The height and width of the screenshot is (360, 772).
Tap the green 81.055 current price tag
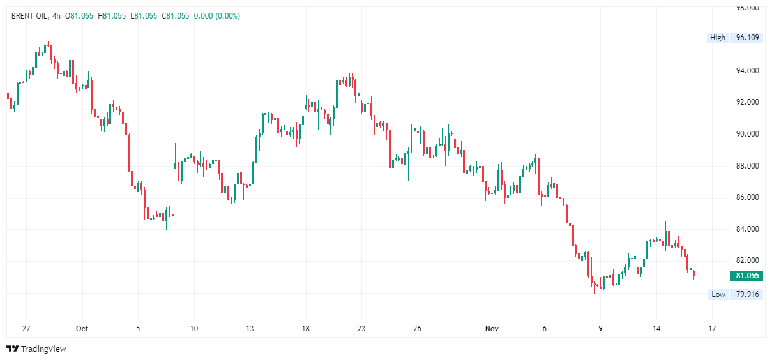[x=748, y=276]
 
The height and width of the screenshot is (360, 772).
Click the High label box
[x=718, y=38]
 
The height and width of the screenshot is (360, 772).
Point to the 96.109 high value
[x=747, y=38]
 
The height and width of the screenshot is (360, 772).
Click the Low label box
[x=718, y=294]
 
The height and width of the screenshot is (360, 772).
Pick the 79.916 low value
[x=747, y=294]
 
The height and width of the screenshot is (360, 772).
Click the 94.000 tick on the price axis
[x=747, y=71]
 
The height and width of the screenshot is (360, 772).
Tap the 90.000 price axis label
[x=747, y=134]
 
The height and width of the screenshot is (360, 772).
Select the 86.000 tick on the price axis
[x=747, y=197]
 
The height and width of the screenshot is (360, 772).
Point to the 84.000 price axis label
[x=747, y=229]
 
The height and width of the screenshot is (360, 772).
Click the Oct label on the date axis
[x=82, y=329]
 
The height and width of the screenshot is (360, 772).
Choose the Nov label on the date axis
[x=491, y=329]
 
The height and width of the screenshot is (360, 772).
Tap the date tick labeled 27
[x=26, y=329]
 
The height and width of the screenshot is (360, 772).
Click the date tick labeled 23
[x=361, y=329]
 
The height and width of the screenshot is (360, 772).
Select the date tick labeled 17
[x=712, y=329]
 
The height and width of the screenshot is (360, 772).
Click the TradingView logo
[x=36, y=349]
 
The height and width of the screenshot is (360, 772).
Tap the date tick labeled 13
[x=249, y=329]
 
